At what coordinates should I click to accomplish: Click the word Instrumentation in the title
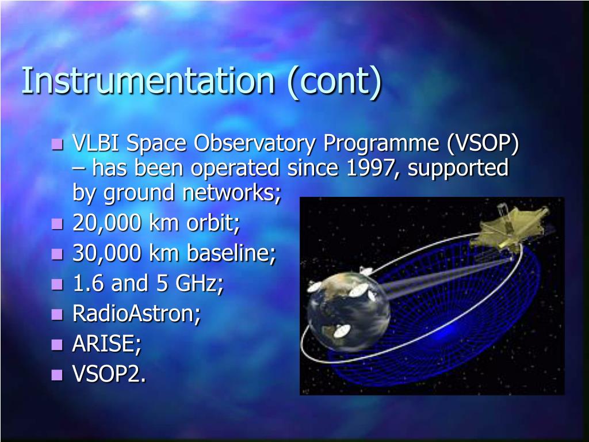148,80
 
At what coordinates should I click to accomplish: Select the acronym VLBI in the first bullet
96,143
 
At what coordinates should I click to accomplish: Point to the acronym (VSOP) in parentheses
483,144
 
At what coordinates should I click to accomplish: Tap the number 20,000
106,223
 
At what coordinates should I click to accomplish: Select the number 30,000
106,253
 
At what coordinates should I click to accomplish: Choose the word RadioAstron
136,313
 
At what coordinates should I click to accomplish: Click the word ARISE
106,343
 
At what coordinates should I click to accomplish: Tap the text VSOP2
109,374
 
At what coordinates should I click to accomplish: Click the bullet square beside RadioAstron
57,314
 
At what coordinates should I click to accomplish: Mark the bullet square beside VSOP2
57,375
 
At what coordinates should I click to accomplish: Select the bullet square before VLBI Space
57,144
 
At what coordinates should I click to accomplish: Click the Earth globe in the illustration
348,313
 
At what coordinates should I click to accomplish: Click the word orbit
213,223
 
